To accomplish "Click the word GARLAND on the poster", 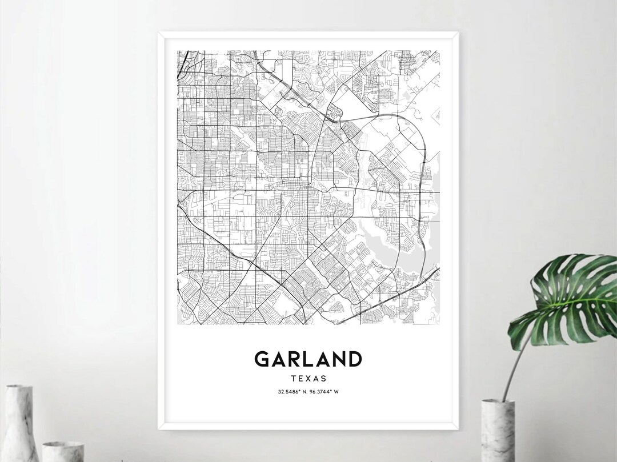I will [x=308, y=359].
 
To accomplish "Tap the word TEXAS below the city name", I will [x=308, y=378].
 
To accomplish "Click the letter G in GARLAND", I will [x=262, y=359].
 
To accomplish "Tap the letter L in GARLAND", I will [x=305, y=359].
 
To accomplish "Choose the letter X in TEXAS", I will [x=308, y=378].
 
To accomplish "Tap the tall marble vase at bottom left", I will [x=19, y=423].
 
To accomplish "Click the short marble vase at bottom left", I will [x=63, y=451].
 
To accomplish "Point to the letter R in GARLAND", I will [x=291, y=359].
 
